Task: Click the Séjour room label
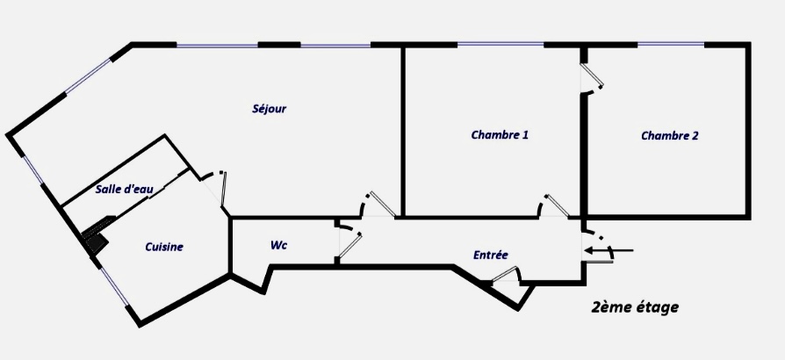click(269, 110)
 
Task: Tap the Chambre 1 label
click(500, 135)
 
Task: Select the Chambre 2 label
click(669, 136)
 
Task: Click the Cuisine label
click(164, 248)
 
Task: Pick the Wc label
click(278, 246)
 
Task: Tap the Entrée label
click(490, 256)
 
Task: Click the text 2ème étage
click(635, 308)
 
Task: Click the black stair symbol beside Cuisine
click(95, 238)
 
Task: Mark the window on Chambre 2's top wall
click(671, 44)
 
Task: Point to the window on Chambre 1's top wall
click(501, 44)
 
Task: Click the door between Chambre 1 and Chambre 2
click(592, 80)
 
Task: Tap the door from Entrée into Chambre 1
click(554, 205)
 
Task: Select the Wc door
click(348, 243)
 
